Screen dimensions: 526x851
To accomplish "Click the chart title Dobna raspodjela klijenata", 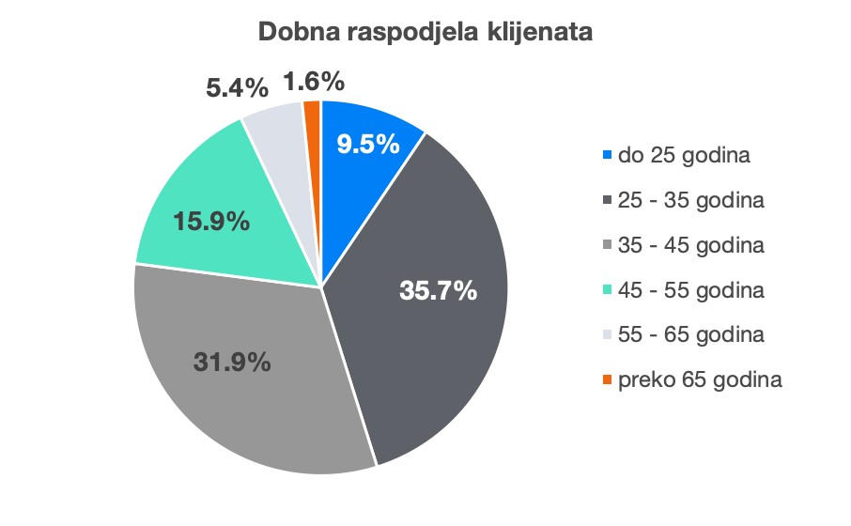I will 425,33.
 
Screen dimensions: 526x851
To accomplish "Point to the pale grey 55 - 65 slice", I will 277,141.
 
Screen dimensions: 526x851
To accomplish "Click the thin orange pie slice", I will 313,117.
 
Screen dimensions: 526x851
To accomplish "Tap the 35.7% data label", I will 439,290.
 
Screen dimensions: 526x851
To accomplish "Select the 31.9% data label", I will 232,361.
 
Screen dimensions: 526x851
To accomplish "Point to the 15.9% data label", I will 211,222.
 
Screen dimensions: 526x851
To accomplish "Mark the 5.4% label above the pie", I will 238,88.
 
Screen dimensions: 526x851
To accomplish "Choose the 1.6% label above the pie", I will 313,83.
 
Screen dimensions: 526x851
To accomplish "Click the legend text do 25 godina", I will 684,155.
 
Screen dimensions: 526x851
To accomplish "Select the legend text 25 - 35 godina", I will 691,200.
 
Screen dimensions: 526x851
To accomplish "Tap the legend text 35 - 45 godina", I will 691,245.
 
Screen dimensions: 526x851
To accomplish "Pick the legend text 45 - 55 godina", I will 691,290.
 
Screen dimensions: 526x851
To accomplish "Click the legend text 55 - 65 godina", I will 691,334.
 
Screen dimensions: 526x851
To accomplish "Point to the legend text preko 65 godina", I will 700,379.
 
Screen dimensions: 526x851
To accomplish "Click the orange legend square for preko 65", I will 607,379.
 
